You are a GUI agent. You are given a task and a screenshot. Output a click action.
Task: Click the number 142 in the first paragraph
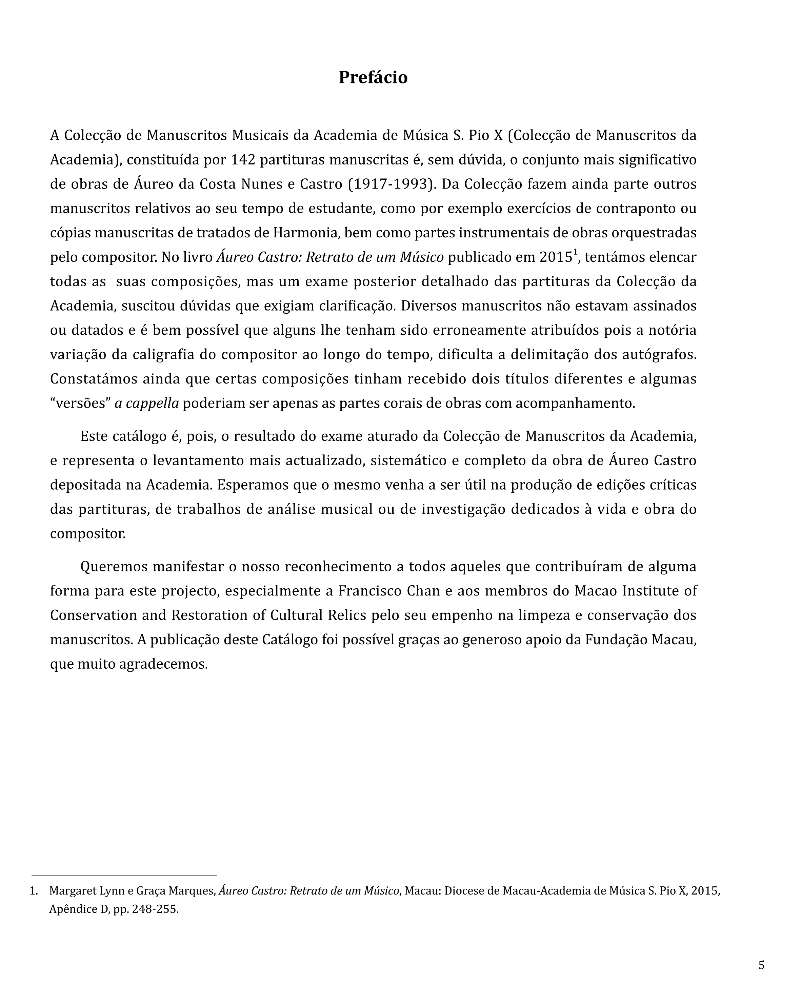coord(243,160)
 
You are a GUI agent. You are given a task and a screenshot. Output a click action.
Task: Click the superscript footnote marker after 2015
coord(575,252)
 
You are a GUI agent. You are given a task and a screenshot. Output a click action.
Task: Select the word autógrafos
coord(659,355)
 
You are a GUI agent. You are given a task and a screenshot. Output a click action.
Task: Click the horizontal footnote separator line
coord(124,876)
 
